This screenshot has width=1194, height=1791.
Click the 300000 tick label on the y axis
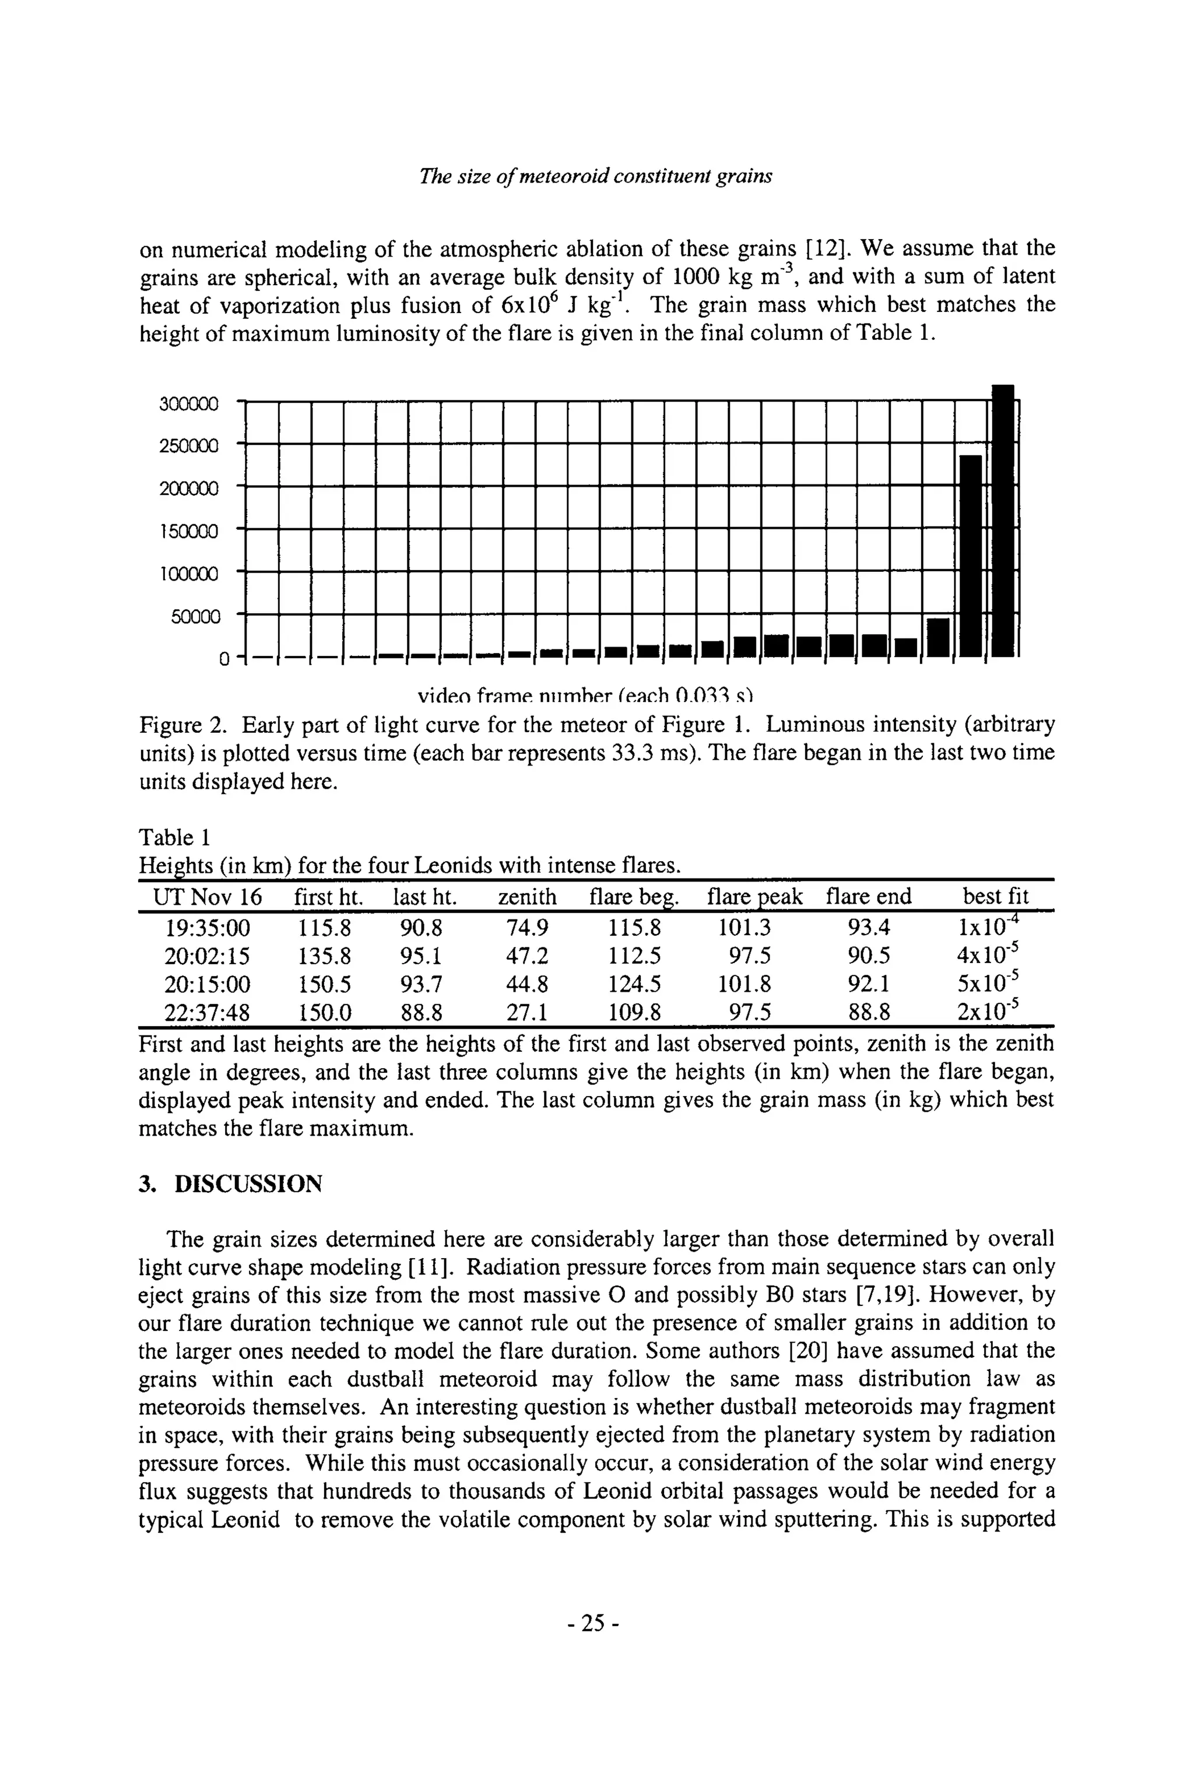188,403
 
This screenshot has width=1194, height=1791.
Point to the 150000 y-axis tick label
188,531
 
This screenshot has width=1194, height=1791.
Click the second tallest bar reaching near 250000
970,556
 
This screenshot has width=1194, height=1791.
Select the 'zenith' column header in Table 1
527,897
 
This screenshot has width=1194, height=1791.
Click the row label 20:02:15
207,956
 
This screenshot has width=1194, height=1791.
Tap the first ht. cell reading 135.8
324,956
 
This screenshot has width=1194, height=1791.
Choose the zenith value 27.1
527,1013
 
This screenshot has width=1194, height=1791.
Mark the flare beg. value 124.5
634,985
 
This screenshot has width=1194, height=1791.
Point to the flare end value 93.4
868,928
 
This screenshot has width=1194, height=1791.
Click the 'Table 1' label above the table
174,838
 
